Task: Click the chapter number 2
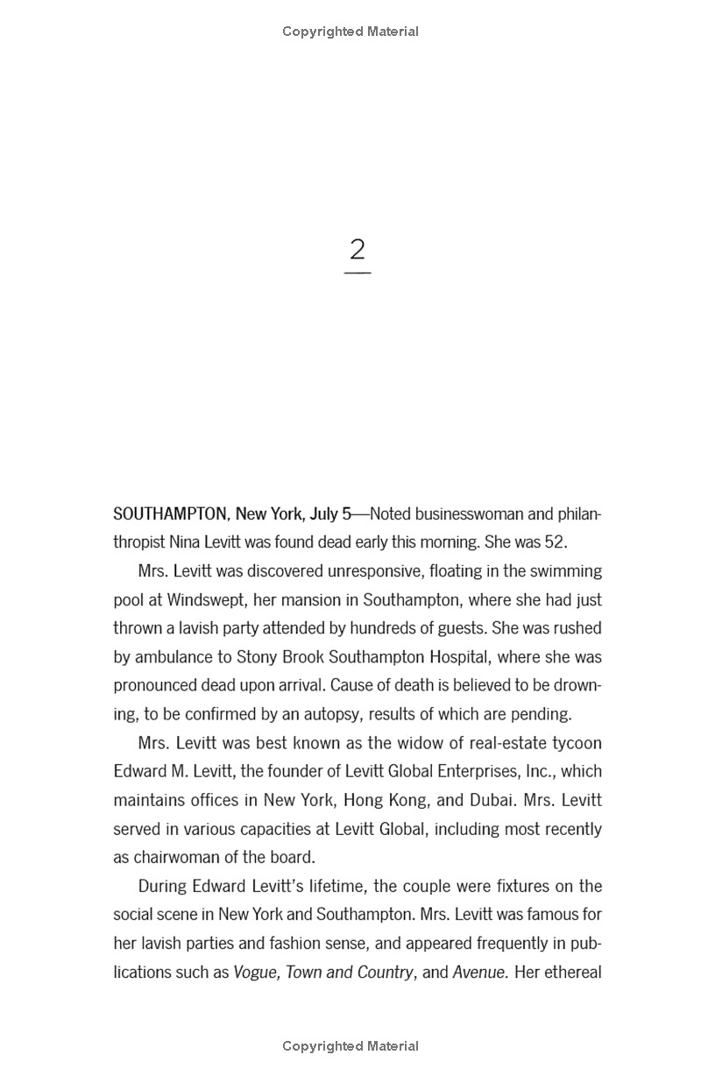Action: [x=357, y=250]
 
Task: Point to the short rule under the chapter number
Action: [x=357, y=273]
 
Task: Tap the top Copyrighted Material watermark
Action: [x=350, y=32]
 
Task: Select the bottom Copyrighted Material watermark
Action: [x=350, y=1045]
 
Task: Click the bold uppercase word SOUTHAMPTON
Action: [x=170, y=513]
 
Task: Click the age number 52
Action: [x=553, y=542]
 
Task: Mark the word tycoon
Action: [x=574, y=743]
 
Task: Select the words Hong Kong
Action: [x=385, y=800]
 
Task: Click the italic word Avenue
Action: [x=480, y=972]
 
